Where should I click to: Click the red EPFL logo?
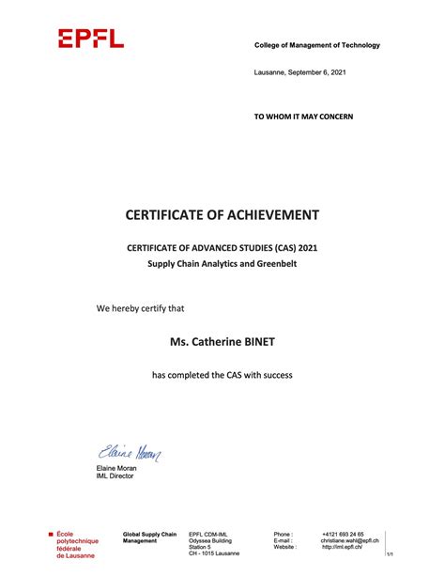click(x=90, y=38)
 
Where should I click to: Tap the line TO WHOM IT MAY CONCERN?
click(x=304, y=117)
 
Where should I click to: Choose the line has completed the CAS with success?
click(x=222, y=376)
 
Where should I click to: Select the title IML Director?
click(x=115, y=476)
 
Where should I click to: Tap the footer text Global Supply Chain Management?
click(x=149, y=537)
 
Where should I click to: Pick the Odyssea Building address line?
click(x=210, y=540)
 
